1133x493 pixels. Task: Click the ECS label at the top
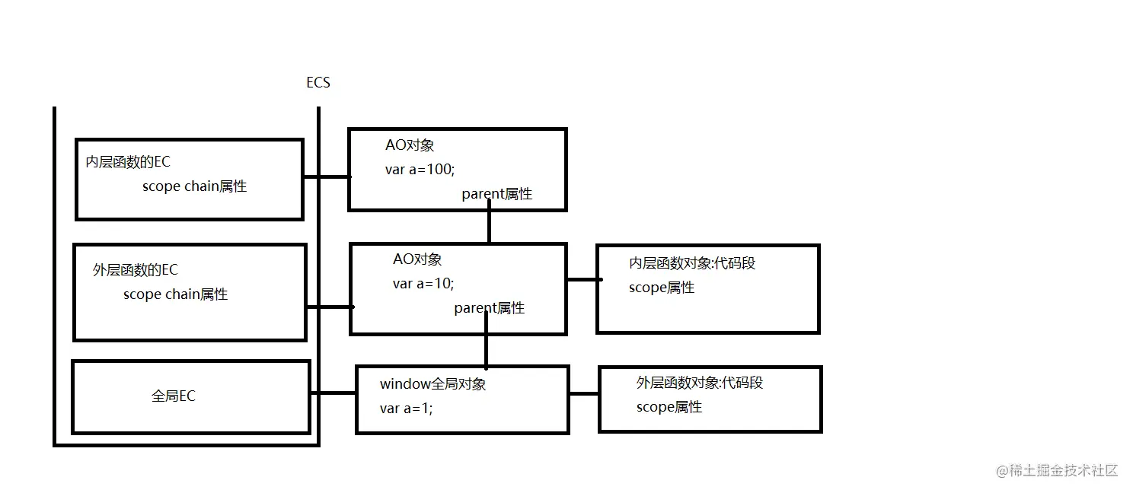pyautogui.click(x=318, y=82)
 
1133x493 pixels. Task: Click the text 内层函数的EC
pyautogui.click(x=128, y=162)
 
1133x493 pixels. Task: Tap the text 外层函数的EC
pyautogui.click(x=136, y=270)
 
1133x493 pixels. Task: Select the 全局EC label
pyautogui.click(x=174, y=396)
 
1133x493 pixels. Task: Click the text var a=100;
pyautogui.click(x=420, y=170)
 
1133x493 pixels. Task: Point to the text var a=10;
pyautogui.click(x=423, y=284)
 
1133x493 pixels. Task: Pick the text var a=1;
pyautogui.click(x=406, y=409)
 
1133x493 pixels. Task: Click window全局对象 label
pyautogui.click(x=432, y=384)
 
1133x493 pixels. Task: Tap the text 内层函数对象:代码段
pyautogui.click(x=692, y=263)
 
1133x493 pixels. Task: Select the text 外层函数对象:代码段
pyautogui.click(x=700, y=383)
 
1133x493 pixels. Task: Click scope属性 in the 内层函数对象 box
pyautogui.click(x=662, y=288)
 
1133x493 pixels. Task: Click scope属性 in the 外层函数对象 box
pyautogui.click(x=669, y=407)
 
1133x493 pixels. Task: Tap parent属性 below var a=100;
pyautogui.click(x=496, y=194)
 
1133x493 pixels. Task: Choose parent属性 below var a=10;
pyautogui.click(x=489, y=308)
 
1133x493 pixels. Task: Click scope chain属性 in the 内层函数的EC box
pyautogui.click(x=194, y=186)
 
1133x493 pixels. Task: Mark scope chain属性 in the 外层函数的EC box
pyautogui.click(x=175, y=294)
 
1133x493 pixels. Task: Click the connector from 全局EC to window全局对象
pyautogui.click(x=334, y=393)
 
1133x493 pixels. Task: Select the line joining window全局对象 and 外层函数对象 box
pyautogui.click(x=584, y=394)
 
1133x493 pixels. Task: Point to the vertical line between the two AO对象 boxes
pyautogui.click(x=489, y=227)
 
